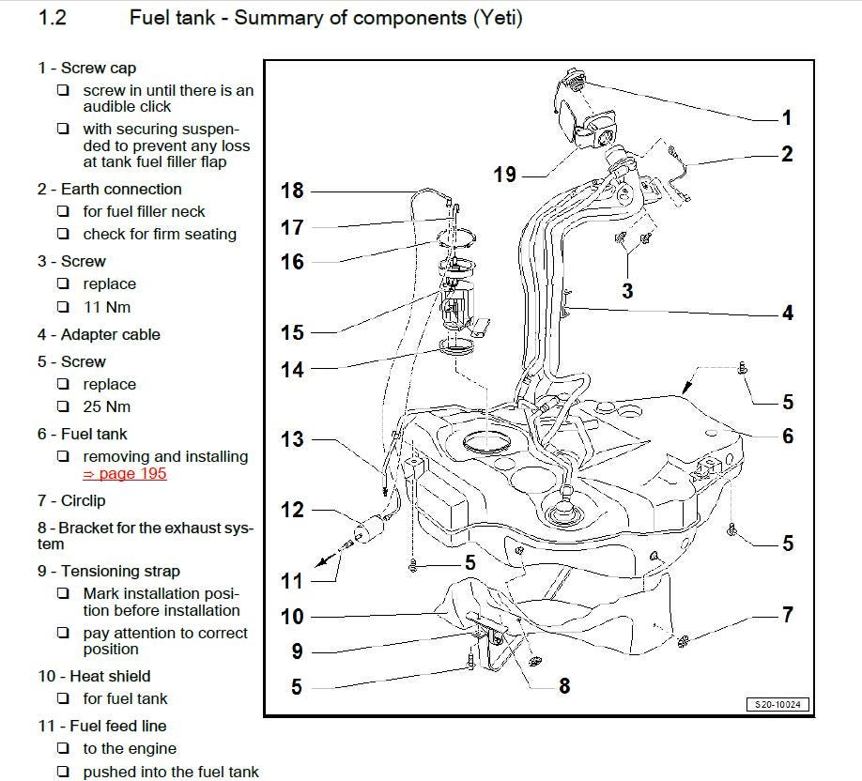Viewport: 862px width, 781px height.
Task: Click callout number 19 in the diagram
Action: pos(505,174)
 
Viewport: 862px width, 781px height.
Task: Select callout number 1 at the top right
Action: pos(786,117)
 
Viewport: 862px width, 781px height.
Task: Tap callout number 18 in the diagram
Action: pos(292,191)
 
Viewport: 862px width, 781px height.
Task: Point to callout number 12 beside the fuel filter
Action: pos(292,510)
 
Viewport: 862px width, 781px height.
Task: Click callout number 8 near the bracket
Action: pos(564,685)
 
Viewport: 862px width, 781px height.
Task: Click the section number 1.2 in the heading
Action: pos(52,18)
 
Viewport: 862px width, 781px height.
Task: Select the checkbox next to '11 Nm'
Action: pos(63,307)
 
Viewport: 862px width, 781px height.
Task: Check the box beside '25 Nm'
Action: pos(63,407)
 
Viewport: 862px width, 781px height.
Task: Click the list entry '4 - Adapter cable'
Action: pos(99,334)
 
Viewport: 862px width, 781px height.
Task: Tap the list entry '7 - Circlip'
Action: pos(71,500)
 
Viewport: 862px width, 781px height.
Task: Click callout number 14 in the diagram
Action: pos(292,370)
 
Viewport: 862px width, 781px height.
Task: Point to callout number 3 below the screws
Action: pos(627,291)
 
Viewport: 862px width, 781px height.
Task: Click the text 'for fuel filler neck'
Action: pos(144,212)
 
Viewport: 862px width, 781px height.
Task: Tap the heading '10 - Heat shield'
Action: pos(94,676)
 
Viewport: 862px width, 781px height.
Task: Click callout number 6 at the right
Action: pos(787,436)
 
